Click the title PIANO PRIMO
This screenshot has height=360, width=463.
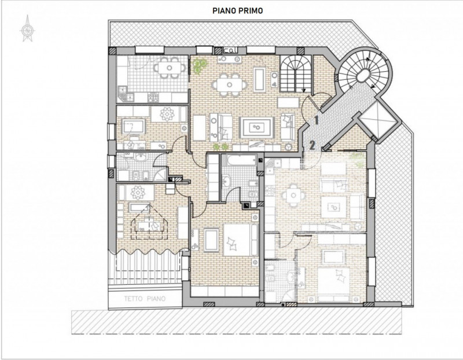click(237, 11)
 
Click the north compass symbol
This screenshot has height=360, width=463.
click(28, 29)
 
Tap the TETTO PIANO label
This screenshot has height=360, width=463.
click(145, 299)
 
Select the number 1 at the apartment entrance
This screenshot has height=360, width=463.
click(316, 120)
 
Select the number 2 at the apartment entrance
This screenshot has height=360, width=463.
click(313, 145)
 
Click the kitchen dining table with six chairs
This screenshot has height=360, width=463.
click(169, 68)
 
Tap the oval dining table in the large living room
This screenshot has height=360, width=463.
click(229, 85)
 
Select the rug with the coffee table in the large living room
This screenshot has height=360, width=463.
click(257, 127)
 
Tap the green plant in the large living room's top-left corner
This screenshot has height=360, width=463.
click(200, 64)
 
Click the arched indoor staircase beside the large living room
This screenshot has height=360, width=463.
click(296, 74)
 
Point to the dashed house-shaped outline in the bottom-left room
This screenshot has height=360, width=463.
click(150, 222)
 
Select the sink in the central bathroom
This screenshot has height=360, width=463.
click(226, 181)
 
